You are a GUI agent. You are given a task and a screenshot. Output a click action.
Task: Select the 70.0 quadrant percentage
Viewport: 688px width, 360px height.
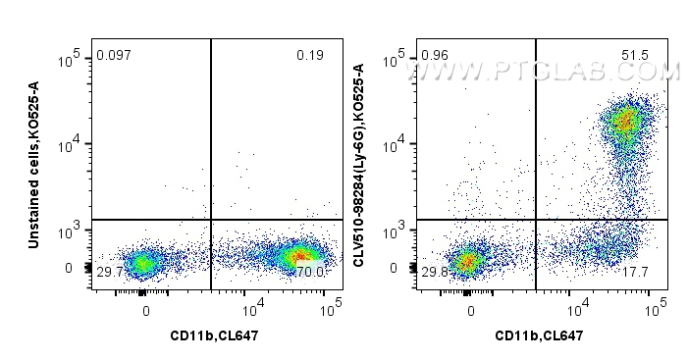[x=310, y=271]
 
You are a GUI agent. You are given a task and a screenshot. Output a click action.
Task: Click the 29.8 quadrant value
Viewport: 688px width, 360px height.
[x=435, y=271]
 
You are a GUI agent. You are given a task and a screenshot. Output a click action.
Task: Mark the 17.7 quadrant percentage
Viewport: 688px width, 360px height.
[x=636, y=271]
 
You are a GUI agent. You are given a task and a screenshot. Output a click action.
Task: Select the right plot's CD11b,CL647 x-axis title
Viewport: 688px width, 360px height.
[x=537, y=336]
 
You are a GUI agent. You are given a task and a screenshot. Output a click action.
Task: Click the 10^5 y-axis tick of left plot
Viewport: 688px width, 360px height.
[x=69, y=60]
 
